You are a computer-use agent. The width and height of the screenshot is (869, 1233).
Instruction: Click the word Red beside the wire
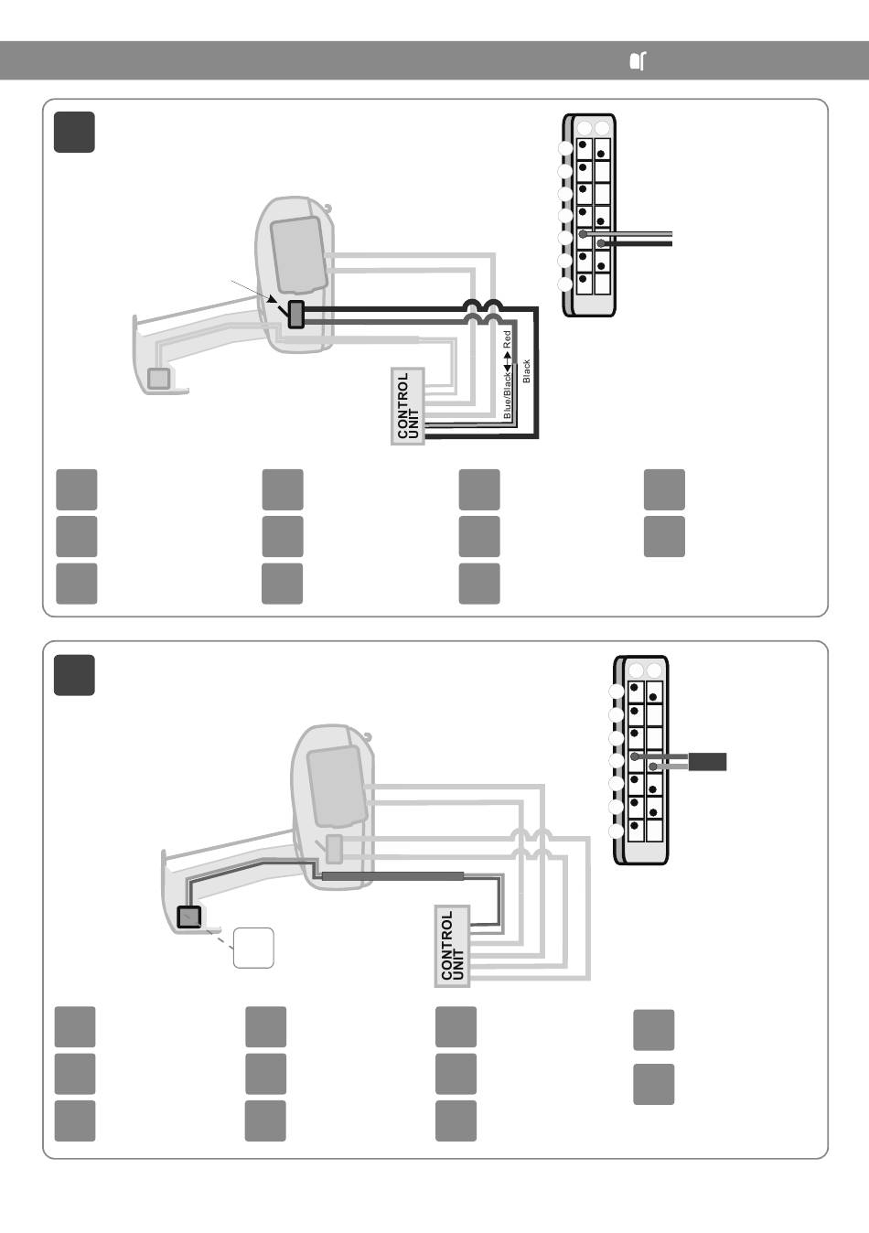pyautogui.click(x=507, y=339)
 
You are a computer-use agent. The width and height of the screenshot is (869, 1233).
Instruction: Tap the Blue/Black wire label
pyautogui.click(x=508, y=395)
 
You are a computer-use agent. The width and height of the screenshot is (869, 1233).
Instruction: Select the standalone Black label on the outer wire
pyautogui.click(x=526, y=371)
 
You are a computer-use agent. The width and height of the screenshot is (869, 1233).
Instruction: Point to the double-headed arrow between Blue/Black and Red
pyautogui.click(x=507, y=360)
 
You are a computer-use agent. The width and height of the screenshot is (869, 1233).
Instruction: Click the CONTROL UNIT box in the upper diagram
pyautogui.click(x=408, y=406)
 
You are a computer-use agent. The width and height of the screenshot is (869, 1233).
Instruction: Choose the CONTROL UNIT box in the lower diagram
pyautogui.click(x=452, y=945)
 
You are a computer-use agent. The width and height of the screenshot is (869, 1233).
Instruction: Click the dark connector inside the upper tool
pyautogui.click(x=296, y=315)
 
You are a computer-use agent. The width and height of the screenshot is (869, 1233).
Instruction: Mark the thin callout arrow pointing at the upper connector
pyautogui.click(x=254, y=292)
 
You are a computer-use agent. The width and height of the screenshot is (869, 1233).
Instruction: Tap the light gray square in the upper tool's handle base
pyautogui.click(x=158, y=378)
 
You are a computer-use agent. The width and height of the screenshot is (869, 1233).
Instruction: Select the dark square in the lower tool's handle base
pyautogui.click(x=188, y=917)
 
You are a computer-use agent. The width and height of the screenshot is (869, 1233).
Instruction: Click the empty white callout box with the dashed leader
pyautogui.click(x=253, y=948)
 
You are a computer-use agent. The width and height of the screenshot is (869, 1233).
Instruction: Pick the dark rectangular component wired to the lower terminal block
pyautogui.click(x=707, y=762)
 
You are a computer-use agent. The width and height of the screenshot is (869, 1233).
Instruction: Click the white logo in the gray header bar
pyautogui.click(x=638, y=60)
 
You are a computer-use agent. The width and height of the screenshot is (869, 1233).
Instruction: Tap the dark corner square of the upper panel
pyautogui.click(x=74, y=132)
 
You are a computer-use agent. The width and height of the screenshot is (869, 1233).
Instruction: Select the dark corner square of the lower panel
pyautogui.click(x=74, y=675)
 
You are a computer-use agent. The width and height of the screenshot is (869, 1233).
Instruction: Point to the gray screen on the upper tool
pyautogui.click(x=297, y=254)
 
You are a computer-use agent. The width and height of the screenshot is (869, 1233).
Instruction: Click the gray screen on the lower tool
pyautogui.click(x=337, y=786)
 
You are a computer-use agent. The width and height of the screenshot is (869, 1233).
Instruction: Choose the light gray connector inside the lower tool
pyautogui.click(x=334, y=849)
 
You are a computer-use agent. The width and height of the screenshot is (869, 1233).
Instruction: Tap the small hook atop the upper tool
pyautogui.click(x=328, y=208)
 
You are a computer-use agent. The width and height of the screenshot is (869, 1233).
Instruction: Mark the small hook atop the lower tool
pyautogui.click(x=367, y=737)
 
